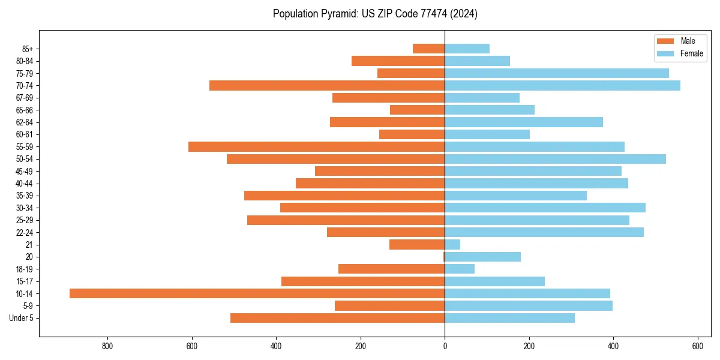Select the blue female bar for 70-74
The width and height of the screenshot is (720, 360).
click(x=562, y=86)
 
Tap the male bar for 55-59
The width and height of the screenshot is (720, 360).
click(x=316, y=147)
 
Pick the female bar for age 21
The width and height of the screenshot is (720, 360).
click(x=452, y=245)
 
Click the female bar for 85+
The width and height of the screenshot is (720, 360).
click(x=467, y=49)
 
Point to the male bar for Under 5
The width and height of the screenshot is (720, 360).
click(x=337, y=318)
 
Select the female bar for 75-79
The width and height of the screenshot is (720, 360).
click(x=556, y=73)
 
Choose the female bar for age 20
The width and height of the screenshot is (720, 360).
click(x=482, y=257)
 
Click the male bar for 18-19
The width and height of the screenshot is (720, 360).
click(x=391, y=269)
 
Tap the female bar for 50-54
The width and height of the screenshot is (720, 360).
click(x=555, y=159)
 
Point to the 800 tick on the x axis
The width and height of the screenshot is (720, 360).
click(x=108, y=346)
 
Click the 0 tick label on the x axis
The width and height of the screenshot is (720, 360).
click(x=445, y=346)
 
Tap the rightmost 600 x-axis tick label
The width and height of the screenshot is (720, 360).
click(x=697, y=346)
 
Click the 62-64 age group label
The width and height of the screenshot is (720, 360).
click(x=25, y=122)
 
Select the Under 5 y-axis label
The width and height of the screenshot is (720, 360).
click(x=22, y=318)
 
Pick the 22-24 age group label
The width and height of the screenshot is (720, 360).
click(x=25, y=233)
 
